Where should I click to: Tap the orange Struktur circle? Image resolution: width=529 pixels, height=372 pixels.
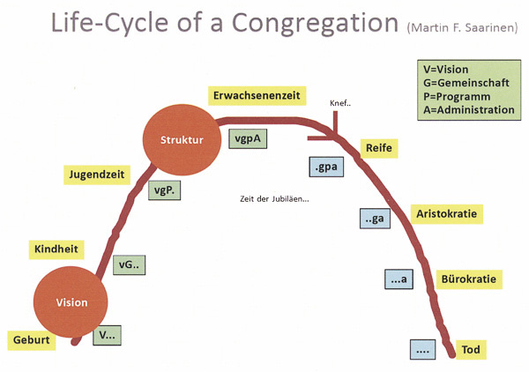(x=182, y=140)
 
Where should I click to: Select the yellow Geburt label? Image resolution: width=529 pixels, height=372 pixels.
(x=32, y=340)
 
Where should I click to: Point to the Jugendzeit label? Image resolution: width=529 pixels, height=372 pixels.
(x=93, y=174)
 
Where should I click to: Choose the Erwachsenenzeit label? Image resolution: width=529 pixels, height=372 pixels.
(x=257, y=93)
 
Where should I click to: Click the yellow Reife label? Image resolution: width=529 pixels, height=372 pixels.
(x=377, y=148)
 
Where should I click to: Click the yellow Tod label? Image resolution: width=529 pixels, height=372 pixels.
(x=473, y=351)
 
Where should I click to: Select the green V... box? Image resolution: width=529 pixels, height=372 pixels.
(x=108, y=335)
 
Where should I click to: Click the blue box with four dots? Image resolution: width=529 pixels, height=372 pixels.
(x=423, y=349)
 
